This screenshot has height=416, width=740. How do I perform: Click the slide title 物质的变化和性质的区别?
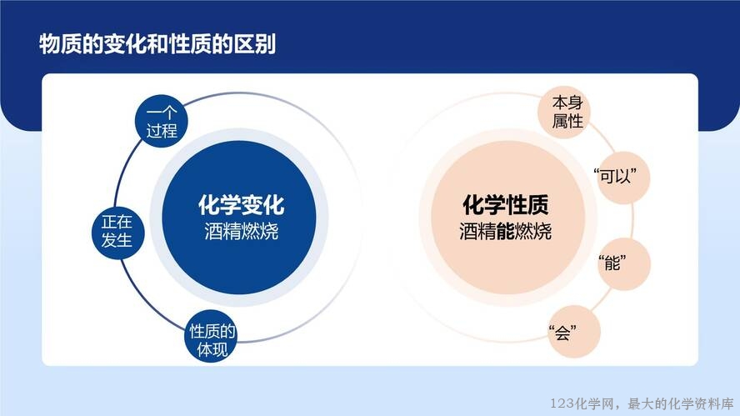click(x=157, y=44)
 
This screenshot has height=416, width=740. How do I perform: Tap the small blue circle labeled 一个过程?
click(x=162, y=121)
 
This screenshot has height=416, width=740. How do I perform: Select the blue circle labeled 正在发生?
click(x=117, y=233)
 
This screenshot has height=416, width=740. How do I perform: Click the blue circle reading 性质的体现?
click(x=211, y=336)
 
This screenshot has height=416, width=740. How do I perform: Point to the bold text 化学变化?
click(x=241, y=205)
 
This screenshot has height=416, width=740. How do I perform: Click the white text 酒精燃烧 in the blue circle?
click(x=241, y=232)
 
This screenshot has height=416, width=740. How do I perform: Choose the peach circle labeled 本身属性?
click(x=564, y=113)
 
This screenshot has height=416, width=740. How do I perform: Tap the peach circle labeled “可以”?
click(x=624, y=178)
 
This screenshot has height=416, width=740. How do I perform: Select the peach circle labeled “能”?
click(x=624, y=263)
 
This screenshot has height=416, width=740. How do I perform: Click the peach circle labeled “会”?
click(x=574, y=331)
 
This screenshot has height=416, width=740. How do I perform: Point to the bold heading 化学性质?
click(x=506, y=205)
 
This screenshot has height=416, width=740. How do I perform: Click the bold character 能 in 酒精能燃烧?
click(x=506, y=232)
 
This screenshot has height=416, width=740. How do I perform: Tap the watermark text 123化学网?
click(x=582, y=403)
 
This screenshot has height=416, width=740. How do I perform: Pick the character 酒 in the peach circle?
click(x=468, y=232)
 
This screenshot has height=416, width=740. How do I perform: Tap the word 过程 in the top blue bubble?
click(x=162, y=130)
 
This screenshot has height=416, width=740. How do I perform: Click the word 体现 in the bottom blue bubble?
click(x=212, y=349)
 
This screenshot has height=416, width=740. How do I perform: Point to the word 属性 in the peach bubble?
click(x=567, y=122)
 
